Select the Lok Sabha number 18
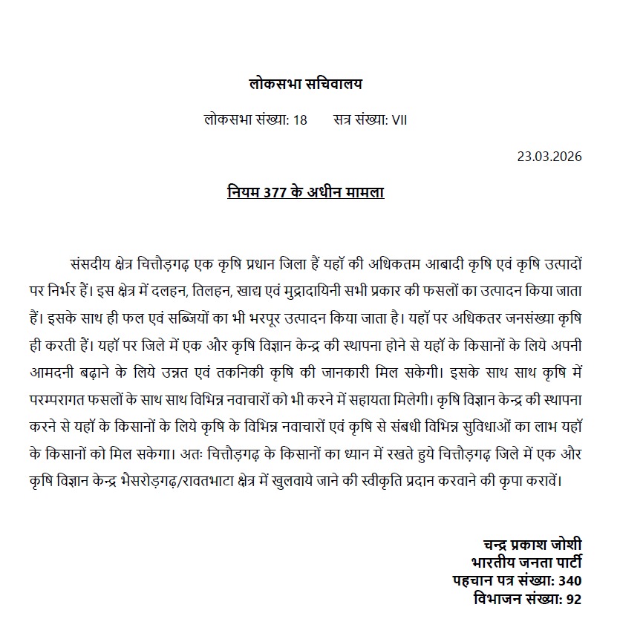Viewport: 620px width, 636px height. (300, 119)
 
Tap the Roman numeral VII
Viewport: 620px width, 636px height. (399, 119)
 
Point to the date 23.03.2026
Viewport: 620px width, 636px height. (549, 157)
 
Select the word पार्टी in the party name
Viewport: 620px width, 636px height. (562, 561)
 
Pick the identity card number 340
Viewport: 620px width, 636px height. (570, 580)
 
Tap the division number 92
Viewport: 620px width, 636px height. (572, 598)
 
